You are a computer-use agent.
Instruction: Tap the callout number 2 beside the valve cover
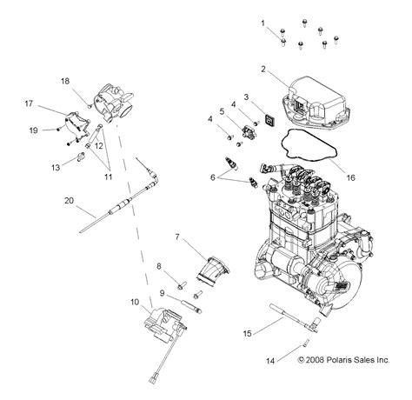tap(263, 69)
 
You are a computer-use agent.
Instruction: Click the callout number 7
tap(177, 237)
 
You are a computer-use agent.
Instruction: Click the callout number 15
tap(247, 333)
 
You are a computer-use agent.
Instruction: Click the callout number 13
tap(55, 165)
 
